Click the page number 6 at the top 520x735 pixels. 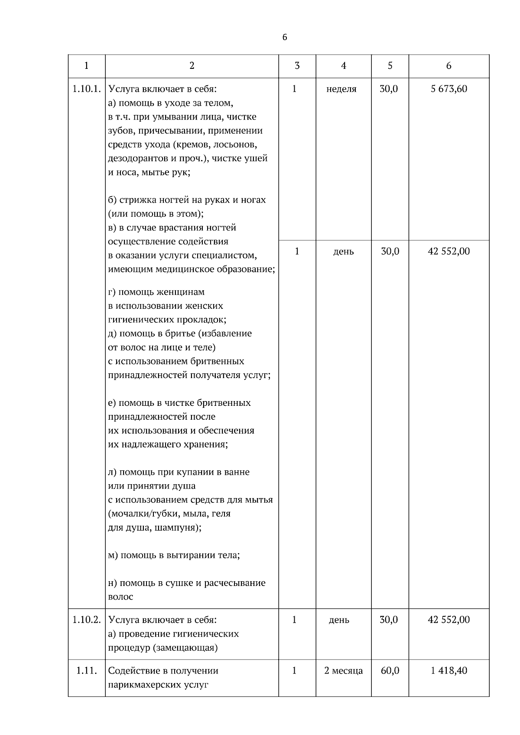(285, 37)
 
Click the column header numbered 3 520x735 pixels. (297, 66)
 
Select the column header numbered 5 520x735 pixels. (390, 66)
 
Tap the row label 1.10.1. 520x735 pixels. (87, 89)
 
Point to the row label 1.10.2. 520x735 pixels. (87, 620)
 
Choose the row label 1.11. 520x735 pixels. (87, 671)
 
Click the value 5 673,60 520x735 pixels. (449, 89)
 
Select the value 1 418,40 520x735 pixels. (449, 671)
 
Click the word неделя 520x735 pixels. (341, 89)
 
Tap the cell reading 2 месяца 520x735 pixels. (344, 671)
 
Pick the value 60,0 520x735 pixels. (390, 671)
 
